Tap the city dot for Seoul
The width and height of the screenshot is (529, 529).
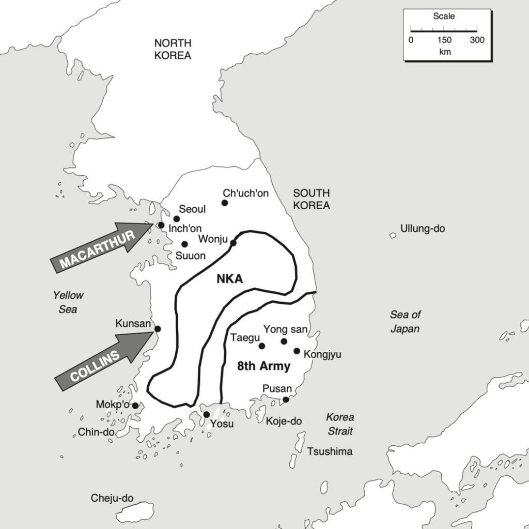pos(177,219)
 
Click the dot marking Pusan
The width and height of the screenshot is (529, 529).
pos(286,399)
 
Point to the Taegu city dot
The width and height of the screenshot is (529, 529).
pos(262,346)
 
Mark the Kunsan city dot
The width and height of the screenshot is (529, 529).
pos(158,329)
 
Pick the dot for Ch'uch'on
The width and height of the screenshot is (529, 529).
pos(225,203)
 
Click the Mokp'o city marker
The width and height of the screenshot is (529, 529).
pos(135,406)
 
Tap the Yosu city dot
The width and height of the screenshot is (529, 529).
pos(207,414)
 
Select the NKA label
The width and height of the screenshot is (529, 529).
pos(229,279)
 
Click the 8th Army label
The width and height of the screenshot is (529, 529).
pos(263,367)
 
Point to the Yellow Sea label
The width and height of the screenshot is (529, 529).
pos(68,302)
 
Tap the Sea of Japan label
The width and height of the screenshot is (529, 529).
pos(405,321)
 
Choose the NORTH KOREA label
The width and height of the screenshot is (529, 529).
pos(173,49)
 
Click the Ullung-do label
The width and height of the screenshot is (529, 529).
pos(423,228)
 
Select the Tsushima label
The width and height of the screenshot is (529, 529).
pos(330,452)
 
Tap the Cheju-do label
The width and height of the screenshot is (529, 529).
pos(112,498)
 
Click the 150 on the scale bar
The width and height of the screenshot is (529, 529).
pos(444,40)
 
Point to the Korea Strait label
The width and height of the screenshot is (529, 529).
pos(340,424)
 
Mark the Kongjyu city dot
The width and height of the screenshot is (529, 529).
pos(297,351)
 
